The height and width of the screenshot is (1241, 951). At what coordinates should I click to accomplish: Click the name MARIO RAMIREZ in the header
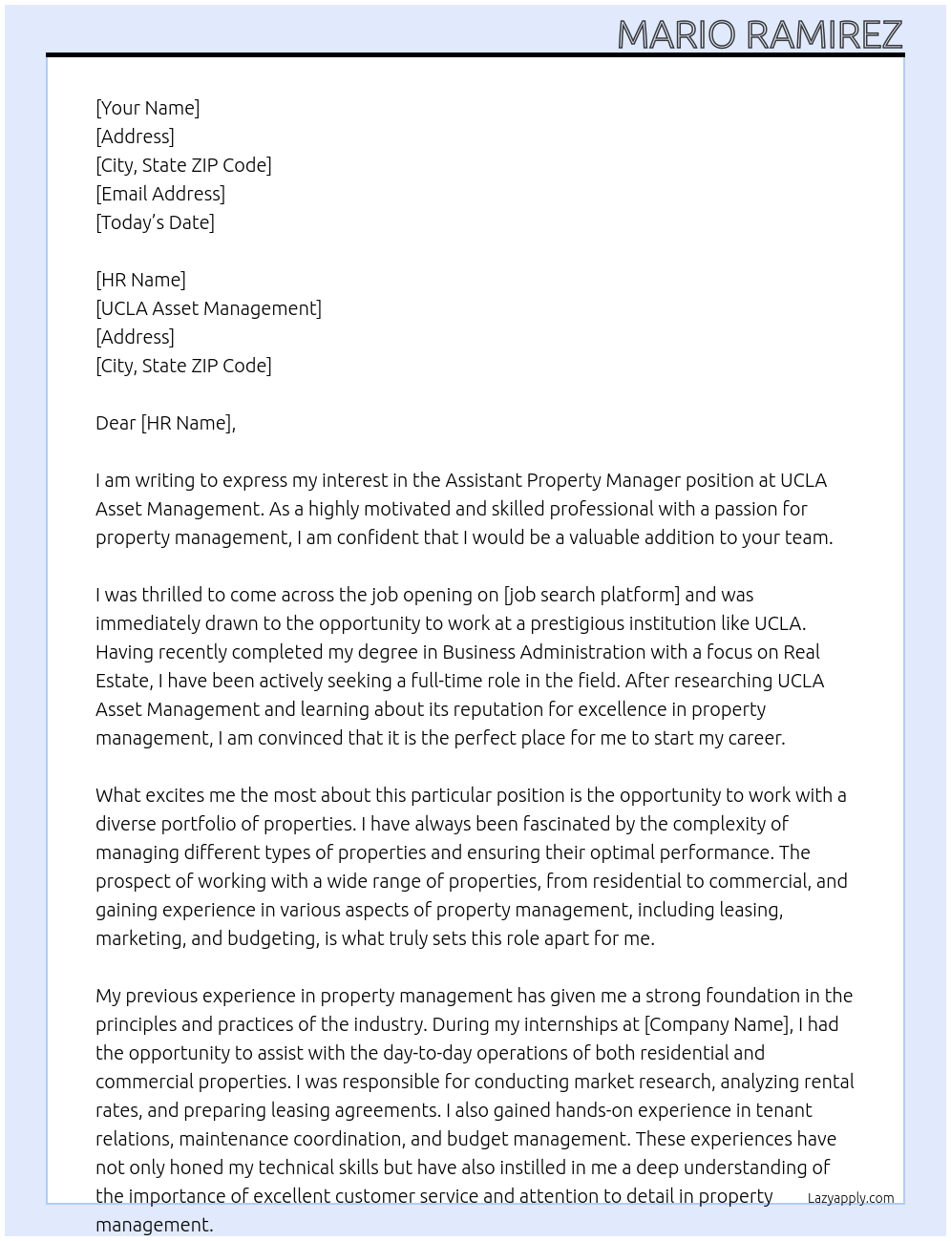click(759, 34)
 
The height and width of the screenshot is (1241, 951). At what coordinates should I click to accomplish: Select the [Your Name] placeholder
click(147, 108)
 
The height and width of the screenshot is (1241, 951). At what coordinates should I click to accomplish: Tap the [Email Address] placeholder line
click(160, 194)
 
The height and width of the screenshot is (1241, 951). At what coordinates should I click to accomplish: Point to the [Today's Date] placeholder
click(155, 222)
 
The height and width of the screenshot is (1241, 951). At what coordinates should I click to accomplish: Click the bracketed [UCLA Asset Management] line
click(208, 308)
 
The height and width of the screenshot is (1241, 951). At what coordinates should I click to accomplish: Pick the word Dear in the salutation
click(116, 423)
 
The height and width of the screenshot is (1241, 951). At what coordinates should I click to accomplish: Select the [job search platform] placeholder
click(591, 595)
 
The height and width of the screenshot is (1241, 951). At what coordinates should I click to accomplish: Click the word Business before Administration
click(479, 652)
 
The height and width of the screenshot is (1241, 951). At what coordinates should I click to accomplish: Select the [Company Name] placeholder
click(717, 1024)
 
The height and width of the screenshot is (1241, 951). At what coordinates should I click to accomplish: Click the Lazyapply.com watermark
click(851, 1198)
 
